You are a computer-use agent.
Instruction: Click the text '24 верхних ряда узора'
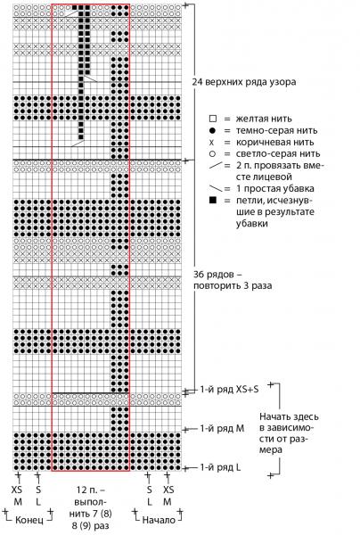click(244, 82)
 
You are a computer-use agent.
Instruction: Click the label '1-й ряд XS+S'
click(229, 390)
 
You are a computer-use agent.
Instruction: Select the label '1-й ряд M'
click(222, 428)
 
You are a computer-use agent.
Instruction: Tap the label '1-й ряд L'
click(220, 467)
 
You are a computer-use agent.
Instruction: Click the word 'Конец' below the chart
click(29, 520)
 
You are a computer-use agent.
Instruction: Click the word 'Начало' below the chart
click(159, 520)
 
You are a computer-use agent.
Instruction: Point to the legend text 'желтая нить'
click(264, 119)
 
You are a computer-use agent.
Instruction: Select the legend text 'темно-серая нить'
click(276, 130)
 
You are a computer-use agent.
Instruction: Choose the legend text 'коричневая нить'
click(274, 142)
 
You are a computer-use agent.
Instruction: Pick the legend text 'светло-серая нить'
click(278, 153)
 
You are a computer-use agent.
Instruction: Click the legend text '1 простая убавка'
click(275, 188)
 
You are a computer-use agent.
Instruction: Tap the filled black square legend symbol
click(213, 200)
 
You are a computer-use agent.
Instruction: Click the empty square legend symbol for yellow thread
click(213, 119)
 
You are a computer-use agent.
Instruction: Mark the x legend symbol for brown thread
click(212, 142)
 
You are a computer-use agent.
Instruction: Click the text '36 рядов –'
click(213, 275)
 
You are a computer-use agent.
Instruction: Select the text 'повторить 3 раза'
click(233, 285)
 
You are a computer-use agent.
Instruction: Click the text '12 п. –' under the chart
click(91, 490)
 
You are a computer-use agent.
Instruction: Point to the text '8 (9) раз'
click(91, 525)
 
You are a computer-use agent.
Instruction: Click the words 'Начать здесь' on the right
click(289, 416)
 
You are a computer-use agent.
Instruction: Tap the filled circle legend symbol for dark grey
click(212, 130)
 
